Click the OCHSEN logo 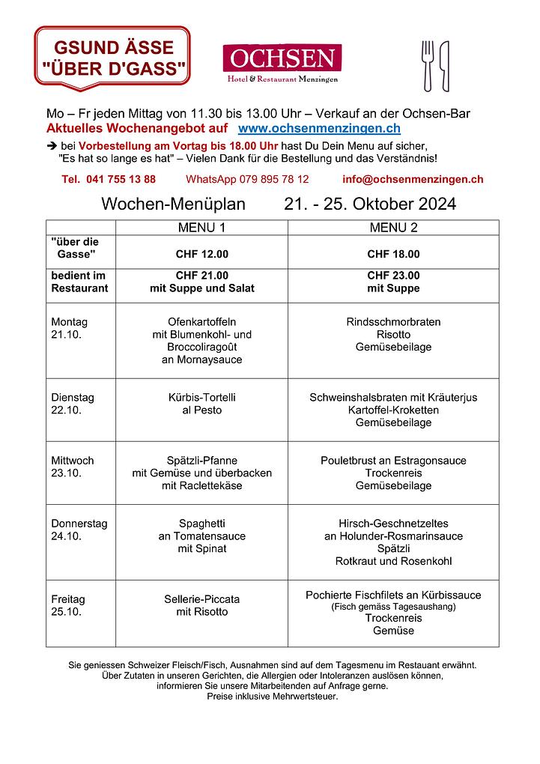point(282,63)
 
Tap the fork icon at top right point(428,65)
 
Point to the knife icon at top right point(444,65)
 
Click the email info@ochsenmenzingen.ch point(412,179)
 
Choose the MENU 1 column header point(201,227)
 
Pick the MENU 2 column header point(393,227)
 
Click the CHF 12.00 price point(201,254)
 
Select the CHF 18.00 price point(393,254)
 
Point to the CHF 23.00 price point(393,276)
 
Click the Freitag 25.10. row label point(68,605)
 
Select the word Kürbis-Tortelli point(201,398)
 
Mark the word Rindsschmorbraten point(393,322)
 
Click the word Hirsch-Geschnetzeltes point(393,524)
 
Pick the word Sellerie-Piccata point(201,599)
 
